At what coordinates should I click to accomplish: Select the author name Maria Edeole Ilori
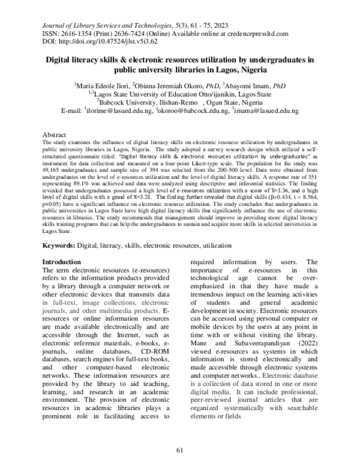(101, 86)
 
